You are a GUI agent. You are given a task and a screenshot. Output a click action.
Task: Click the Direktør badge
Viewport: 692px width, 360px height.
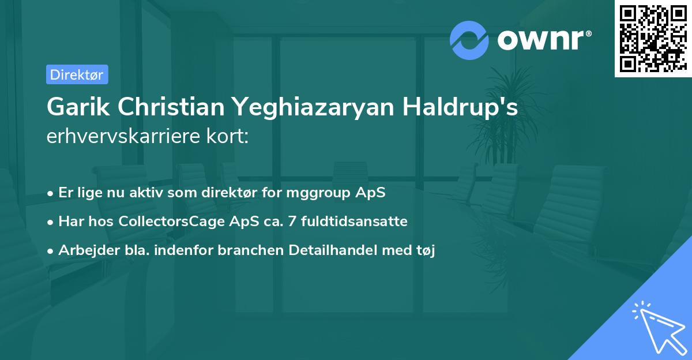77,74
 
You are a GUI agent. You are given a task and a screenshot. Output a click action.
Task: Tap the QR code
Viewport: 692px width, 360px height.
653,38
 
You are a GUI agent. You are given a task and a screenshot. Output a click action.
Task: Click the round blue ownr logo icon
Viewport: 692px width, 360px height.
469,40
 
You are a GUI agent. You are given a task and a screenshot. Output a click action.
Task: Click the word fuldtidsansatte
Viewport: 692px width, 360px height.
348,221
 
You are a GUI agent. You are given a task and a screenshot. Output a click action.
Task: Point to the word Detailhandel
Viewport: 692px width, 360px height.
339,250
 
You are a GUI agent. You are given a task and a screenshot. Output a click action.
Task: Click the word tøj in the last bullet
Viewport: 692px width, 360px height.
426,250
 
